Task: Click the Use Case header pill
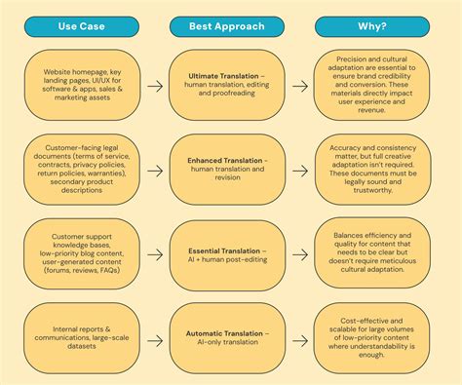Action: pos(84,26)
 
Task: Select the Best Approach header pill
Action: pos(230,26)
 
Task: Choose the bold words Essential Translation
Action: pos(223,251)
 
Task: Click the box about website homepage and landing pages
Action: pos(84,86)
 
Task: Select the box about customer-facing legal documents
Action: pos(84,169)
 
